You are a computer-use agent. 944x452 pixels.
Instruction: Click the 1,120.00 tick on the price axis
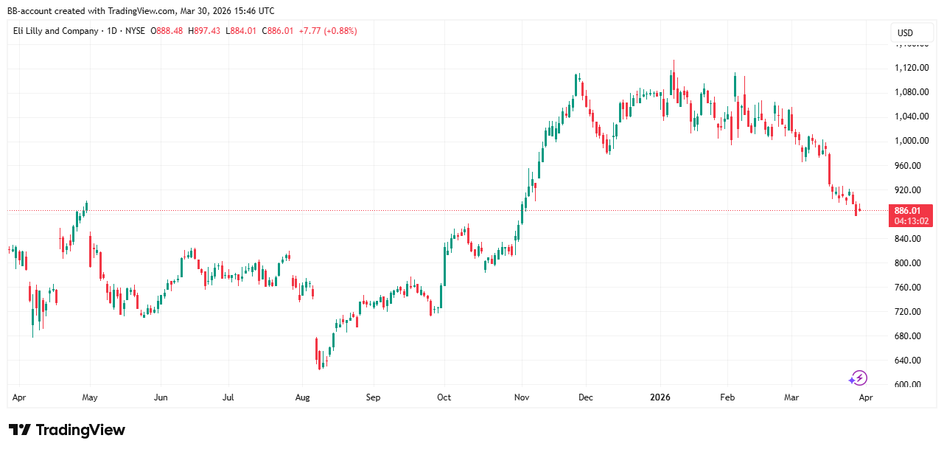(x=906, y=68)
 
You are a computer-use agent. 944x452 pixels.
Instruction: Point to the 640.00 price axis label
(x=906, y=361)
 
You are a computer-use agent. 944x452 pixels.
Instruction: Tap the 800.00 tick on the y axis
(x=906, y=263)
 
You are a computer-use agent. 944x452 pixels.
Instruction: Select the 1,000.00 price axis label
(x=906, y=141)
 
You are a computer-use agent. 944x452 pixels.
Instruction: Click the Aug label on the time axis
(x=301, y=397)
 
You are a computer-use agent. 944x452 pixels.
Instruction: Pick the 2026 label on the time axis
(x=660, y=397)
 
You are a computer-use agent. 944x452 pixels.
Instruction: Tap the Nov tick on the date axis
(x=522, y=397)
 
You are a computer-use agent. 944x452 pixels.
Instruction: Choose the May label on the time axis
(x=89, y=397)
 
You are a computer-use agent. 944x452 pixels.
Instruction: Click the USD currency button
(x=905, y=32)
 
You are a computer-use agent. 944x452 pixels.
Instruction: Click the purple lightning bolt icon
(x=858, y=378)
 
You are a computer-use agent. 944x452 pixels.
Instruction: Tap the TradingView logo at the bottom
(x=67, y=430)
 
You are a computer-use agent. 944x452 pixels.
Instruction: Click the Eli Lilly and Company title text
(x=55, y=31)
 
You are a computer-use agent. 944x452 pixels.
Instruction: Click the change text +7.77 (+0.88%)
(x=328, y=31)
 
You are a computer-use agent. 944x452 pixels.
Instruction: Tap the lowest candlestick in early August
(x=320, y=363)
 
